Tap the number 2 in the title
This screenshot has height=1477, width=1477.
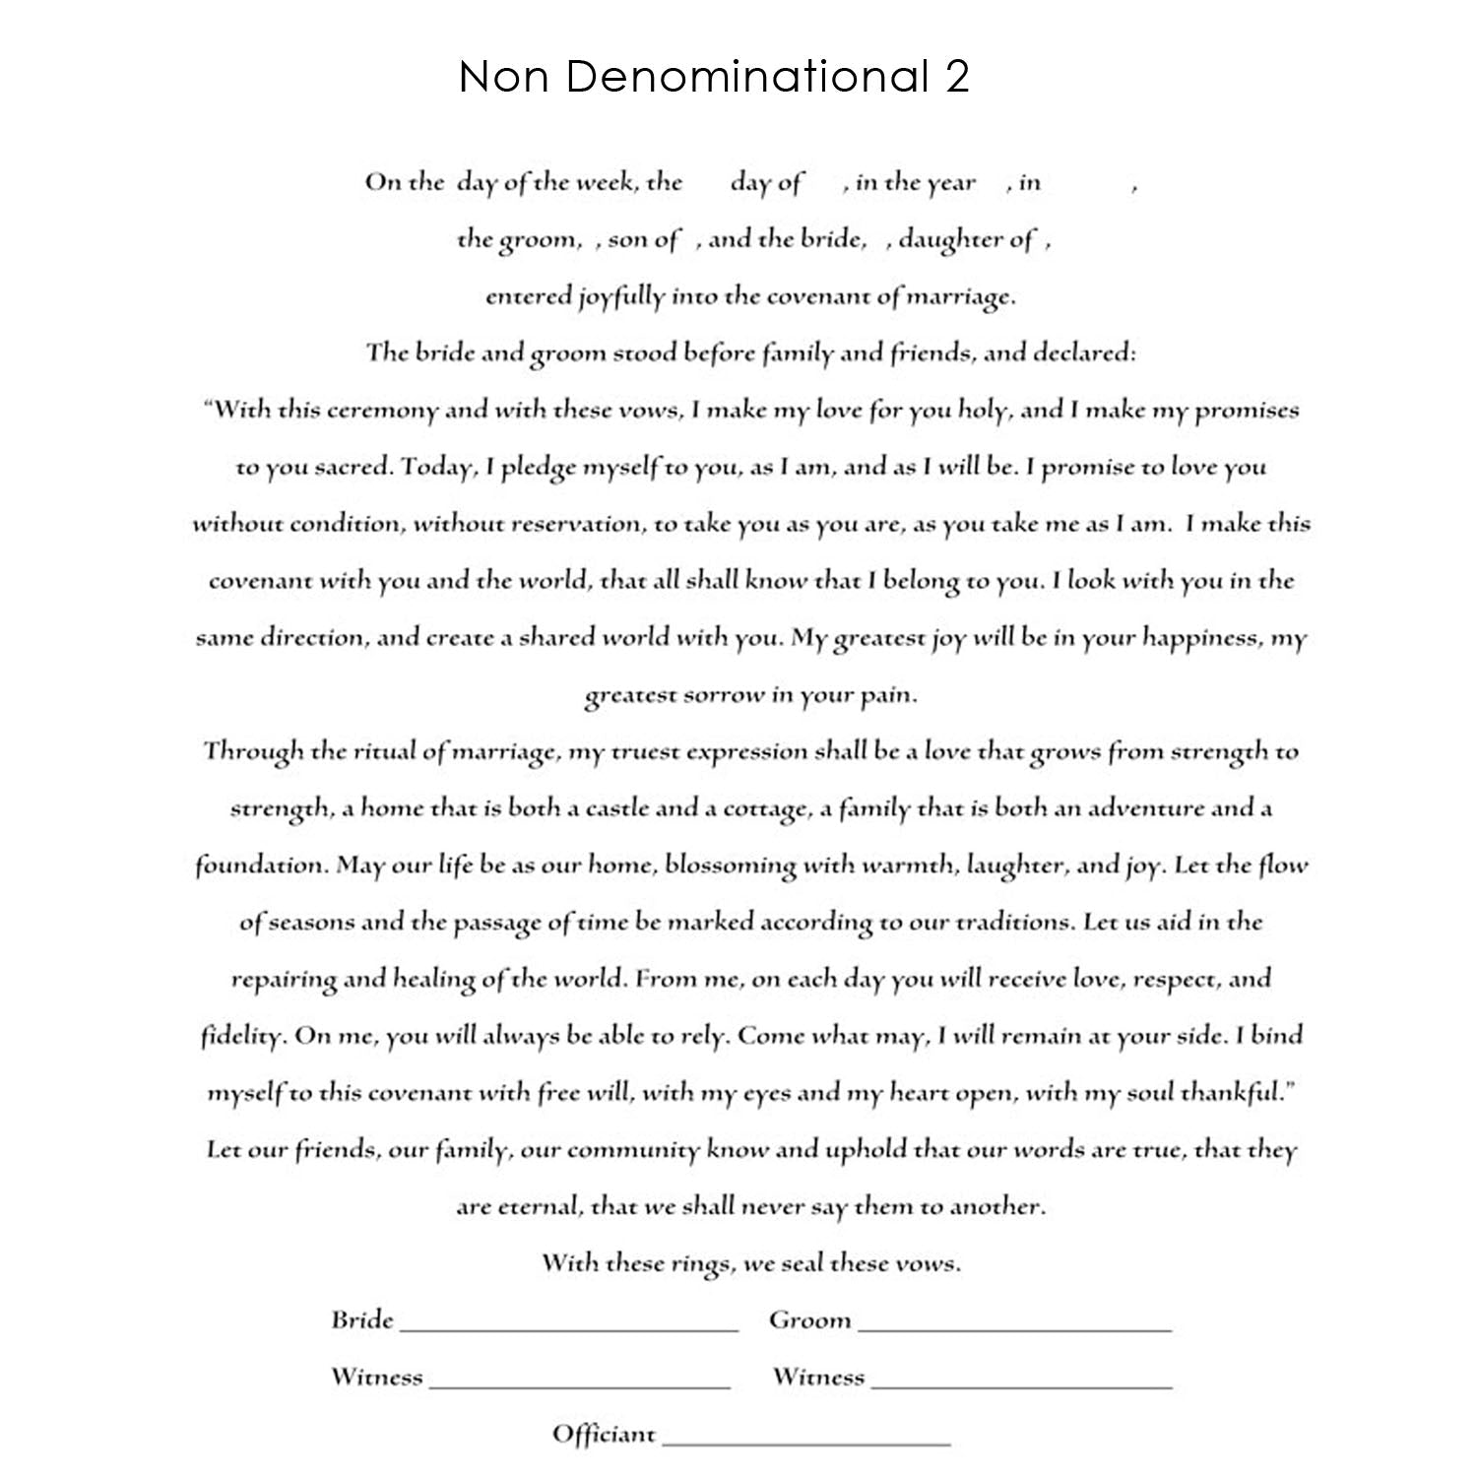point(957,77)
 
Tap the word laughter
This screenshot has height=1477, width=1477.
point(1015,867)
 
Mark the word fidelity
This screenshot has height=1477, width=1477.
point(242,1037)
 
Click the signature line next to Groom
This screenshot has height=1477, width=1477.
point(1014,1329)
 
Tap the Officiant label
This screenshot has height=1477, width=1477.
point(604,1434)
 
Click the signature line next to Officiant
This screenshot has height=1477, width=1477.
point(806,1444)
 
